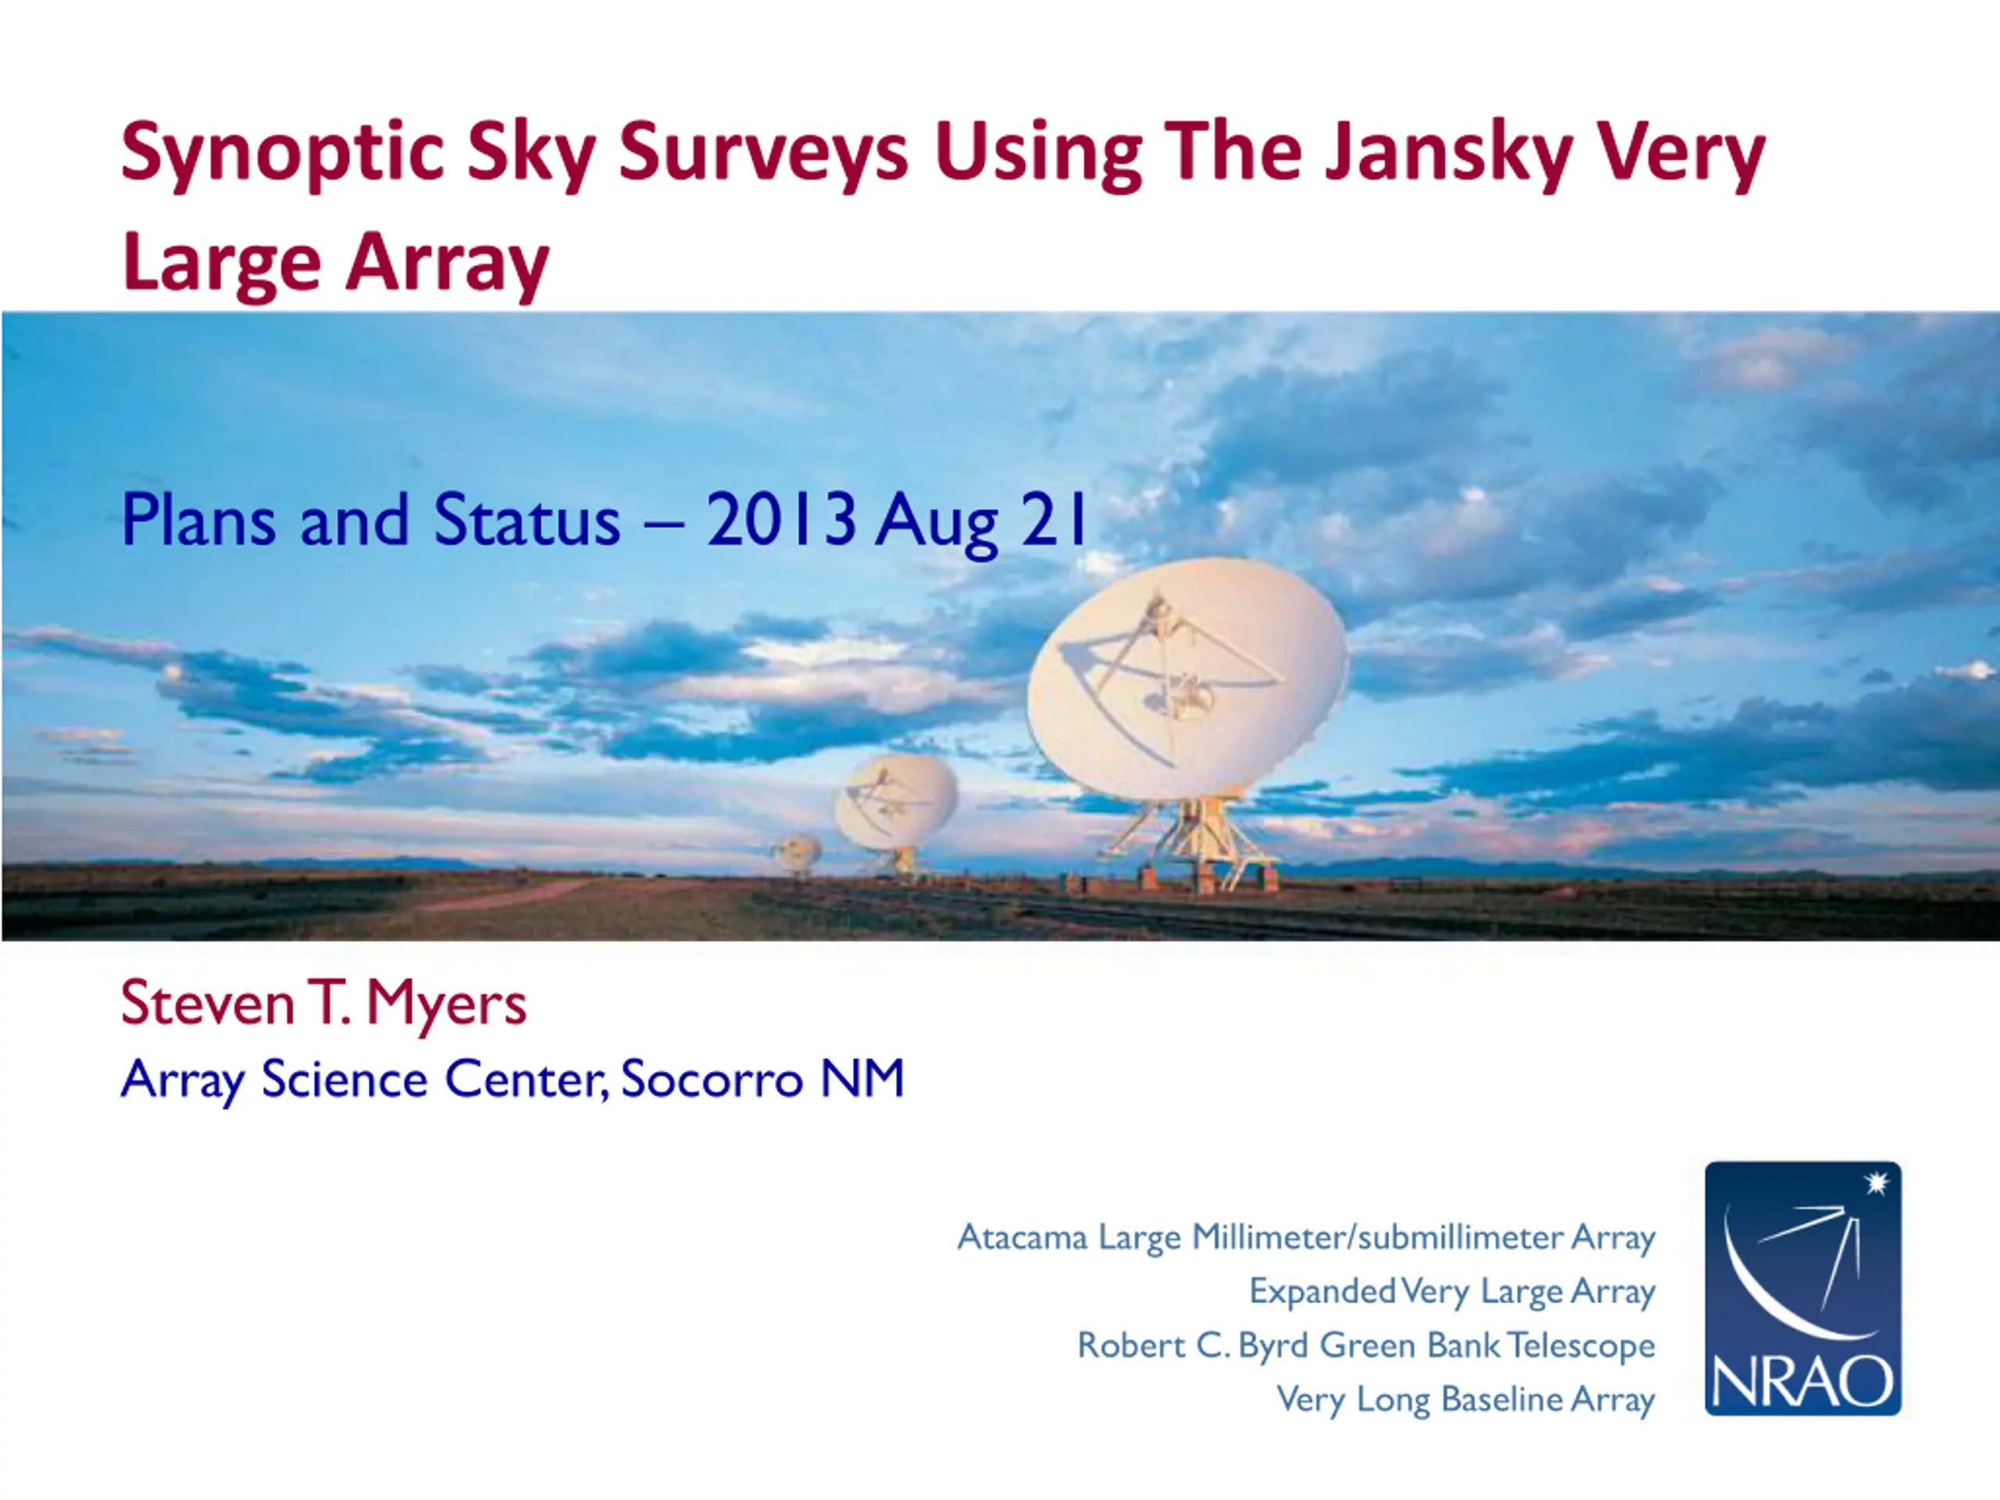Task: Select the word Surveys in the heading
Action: point(763,153)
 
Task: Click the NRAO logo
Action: point(1803,1288)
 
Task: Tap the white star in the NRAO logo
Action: point(1877,1183)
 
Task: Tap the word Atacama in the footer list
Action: point(1023,1237)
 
